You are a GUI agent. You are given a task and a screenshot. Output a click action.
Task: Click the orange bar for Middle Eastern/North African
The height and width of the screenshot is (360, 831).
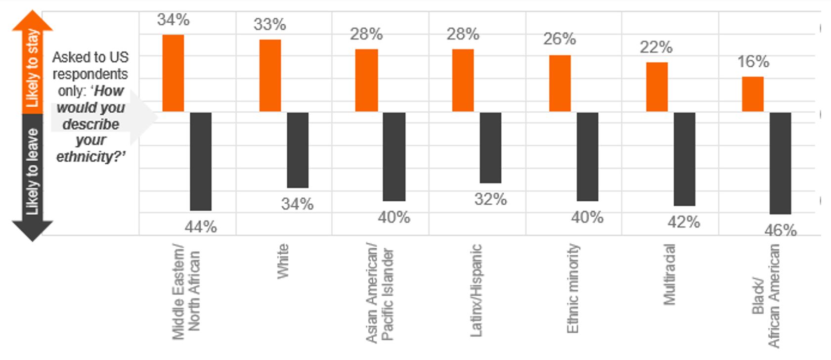(173, 73)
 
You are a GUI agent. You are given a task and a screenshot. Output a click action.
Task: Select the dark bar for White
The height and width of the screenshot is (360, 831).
(298, 150)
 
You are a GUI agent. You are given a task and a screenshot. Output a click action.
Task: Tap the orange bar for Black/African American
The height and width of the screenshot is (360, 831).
(752, 94)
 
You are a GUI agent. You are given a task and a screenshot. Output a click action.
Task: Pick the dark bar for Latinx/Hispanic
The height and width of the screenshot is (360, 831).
(490, 147)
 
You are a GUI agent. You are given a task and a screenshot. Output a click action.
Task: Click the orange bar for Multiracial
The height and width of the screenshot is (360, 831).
(656, 87)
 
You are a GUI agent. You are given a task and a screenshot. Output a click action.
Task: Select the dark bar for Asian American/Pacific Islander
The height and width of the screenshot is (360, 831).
(394, 156)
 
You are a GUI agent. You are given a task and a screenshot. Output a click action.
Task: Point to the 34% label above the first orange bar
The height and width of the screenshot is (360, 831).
(173, 20)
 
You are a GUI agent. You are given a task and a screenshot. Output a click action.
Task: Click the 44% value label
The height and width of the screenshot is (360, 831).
(201, 227)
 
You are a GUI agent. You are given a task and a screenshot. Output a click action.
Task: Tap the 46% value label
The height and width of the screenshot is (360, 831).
(780, 230)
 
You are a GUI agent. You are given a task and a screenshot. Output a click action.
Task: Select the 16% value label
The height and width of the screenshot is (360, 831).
(753, 62)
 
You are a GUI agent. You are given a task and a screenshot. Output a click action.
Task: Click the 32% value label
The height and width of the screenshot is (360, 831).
(490, 199)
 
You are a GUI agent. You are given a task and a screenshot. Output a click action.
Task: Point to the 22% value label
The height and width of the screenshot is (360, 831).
(656, 47)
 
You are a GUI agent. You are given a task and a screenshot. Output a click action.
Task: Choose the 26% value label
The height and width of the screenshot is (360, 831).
(560, 39)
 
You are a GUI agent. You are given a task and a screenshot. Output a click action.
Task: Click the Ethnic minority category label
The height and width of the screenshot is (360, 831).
(572, 288)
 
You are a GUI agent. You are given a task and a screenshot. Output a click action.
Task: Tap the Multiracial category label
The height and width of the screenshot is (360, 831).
(668, 274)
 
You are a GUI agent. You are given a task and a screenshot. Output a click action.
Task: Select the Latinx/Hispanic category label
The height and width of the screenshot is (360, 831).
(476, 291)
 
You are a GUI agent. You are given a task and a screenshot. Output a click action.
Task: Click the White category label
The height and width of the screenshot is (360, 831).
(282, 261)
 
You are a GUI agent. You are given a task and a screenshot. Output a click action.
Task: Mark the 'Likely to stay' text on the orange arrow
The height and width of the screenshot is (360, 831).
(33, 68)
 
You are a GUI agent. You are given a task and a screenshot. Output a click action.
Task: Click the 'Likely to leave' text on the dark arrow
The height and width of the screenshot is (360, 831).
(33, 172)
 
